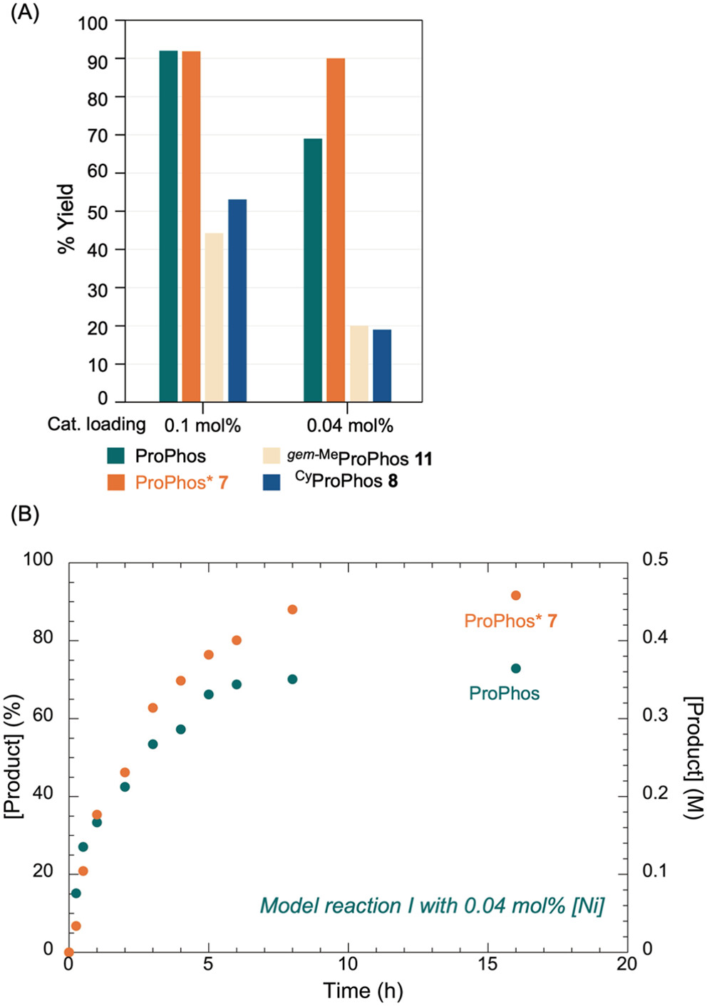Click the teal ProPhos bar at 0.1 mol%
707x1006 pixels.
click(168, 226)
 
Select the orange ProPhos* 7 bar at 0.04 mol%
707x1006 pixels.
click(336, 230)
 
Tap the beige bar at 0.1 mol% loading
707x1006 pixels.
click(214, 317)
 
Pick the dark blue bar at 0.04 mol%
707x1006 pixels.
click(382, 365)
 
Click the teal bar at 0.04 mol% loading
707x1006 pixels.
click(313, 270)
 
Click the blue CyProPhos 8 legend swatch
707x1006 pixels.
click(271, 482)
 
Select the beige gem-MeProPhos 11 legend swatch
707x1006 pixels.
click(271, 456)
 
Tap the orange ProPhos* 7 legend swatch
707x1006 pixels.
click(116, 482)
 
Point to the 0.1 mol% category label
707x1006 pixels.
click(202, 425)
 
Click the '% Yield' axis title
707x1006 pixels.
click(66, 219)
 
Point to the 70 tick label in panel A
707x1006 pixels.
click(98, 136)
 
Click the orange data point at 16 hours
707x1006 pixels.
click(515, 595)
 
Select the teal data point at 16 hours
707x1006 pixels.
click(515, 669)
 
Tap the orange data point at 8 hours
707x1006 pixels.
click(292, 609)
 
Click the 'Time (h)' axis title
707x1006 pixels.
click(363, 990)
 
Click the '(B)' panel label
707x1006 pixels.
click(25, 514)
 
